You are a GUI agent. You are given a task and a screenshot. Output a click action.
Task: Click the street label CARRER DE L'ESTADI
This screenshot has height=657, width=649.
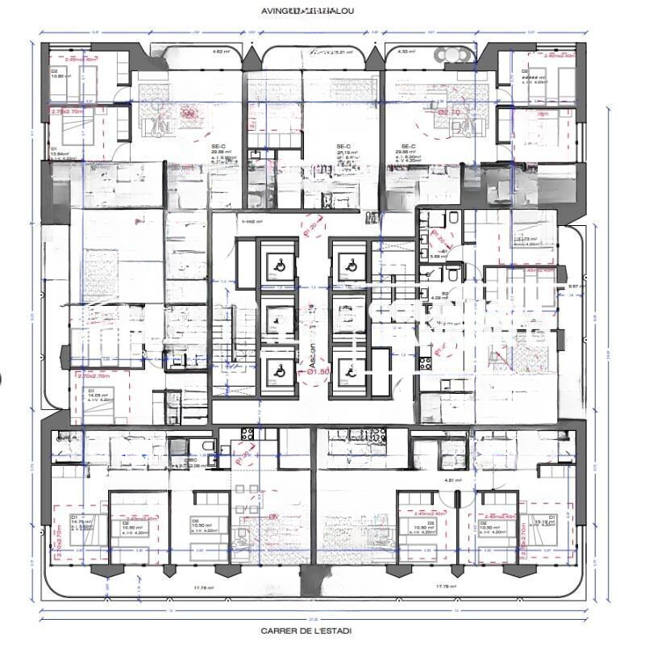306,631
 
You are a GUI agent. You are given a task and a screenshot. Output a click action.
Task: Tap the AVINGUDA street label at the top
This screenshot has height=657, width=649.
307,11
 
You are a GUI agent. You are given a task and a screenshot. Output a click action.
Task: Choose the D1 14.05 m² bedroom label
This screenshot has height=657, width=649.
96,395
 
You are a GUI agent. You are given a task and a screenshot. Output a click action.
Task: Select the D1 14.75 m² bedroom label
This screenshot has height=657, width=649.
77,521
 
